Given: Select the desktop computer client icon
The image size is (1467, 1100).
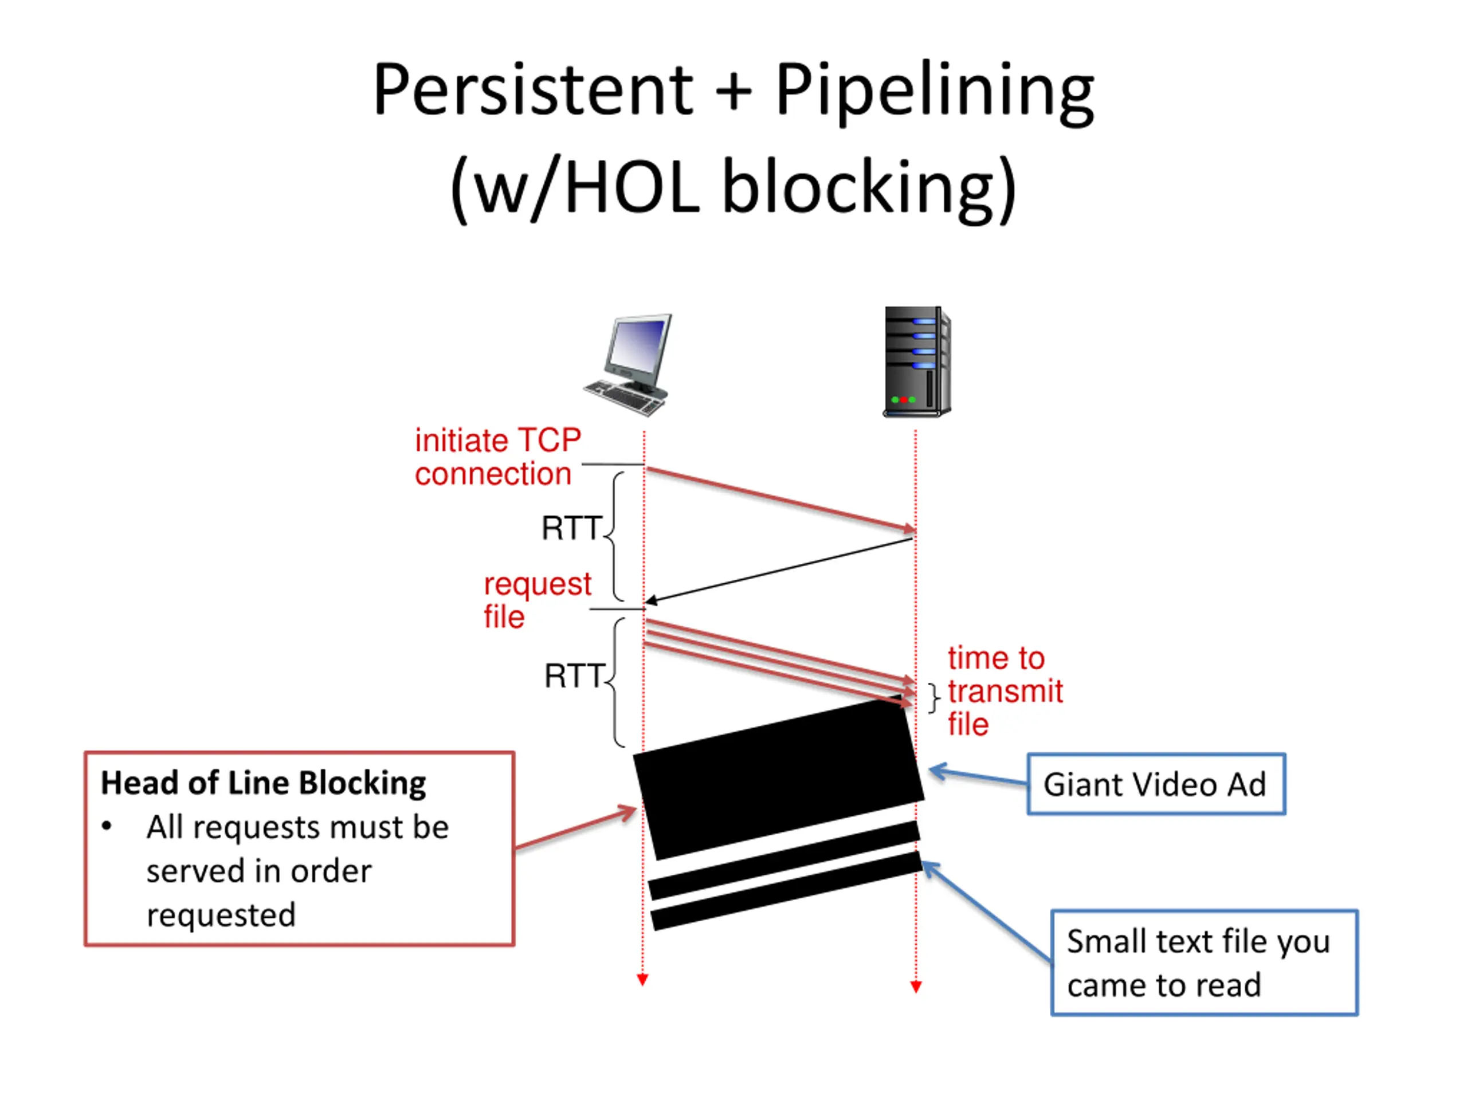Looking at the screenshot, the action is [627, 365].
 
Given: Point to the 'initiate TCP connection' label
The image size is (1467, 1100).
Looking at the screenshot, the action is [498, 457].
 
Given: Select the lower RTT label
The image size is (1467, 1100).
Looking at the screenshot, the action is [574, 676].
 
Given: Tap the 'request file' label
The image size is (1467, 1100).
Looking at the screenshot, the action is [537, 600].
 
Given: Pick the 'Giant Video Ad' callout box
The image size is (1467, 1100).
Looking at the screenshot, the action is [1156, 784].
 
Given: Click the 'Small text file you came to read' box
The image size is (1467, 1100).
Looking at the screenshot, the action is [1205, 962].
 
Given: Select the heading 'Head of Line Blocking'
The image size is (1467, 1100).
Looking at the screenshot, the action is [263, 783].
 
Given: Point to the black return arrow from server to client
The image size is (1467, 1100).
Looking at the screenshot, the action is [779, 571].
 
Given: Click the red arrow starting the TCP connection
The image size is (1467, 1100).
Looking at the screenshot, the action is [780, 500].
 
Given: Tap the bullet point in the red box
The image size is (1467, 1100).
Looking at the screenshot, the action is [107, 827].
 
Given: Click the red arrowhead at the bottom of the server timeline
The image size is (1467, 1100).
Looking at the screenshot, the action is [916, 987].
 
